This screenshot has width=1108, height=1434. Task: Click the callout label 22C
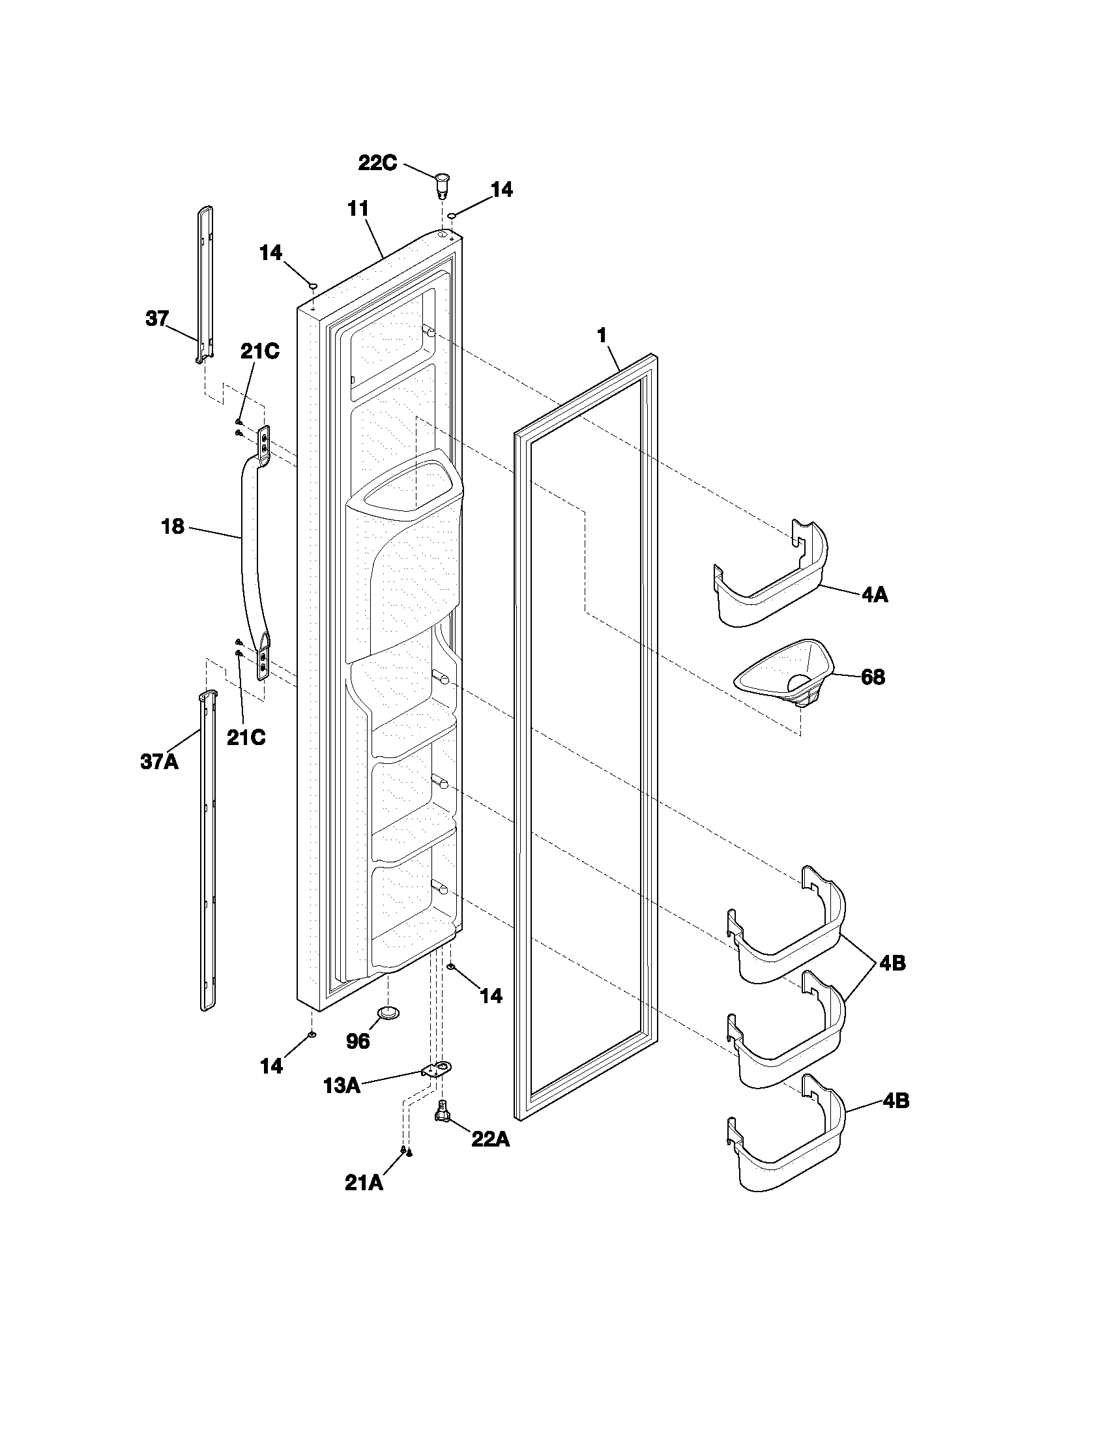pos(377,162)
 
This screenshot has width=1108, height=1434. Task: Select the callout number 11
pos(358,209)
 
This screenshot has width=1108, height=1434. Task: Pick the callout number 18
pos(173,527)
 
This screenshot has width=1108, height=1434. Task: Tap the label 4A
pos(874,596)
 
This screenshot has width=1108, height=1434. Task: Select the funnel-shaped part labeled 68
pos(784,673)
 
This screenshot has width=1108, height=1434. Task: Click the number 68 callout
pos(872,677)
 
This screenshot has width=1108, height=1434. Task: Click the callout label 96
pos(357,1042)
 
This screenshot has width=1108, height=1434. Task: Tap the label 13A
pos(342,1085)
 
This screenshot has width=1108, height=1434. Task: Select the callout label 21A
pos(363,1182)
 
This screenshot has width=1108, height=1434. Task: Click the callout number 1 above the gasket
pos(601,336)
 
